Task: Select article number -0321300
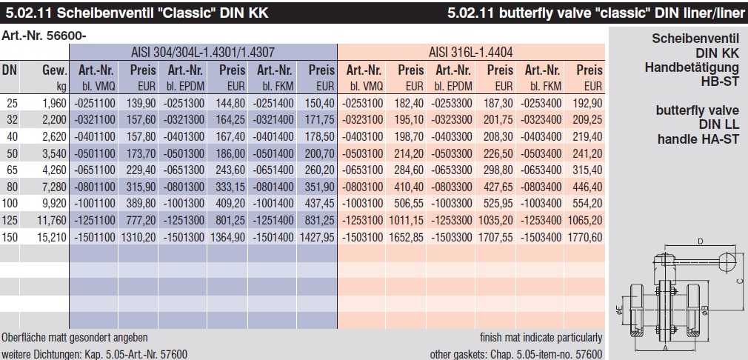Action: [185, 119]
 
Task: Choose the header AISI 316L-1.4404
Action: [471, 52]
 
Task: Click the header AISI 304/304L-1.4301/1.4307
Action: [203, 52]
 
